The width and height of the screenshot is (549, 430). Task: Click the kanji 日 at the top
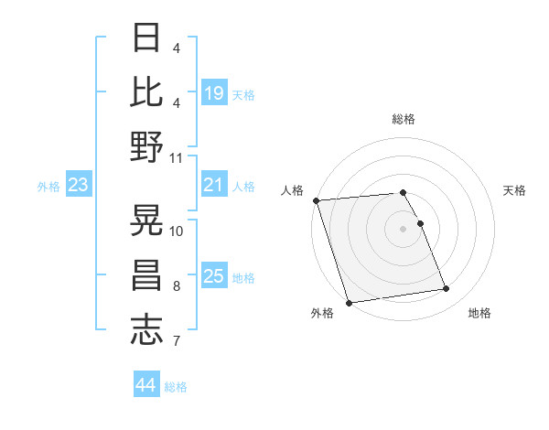pyautogui.click(x=146, y=38)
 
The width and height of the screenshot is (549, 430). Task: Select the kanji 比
pyautogui.click(x=146, y=91)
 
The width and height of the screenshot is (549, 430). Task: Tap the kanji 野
pyautogui.click(x=146, y=146)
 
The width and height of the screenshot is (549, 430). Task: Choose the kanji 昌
pyautogui.click(x=146, y=275)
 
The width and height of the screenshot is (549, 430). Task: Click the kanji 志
pyautogui.click(x=146, y=330)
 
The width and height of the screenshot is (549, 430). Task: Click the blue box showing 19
pyautogui.click(x=214, y=93)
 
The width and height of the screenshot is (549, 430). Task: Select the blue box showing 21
pyautogui.click(x=214, y=186)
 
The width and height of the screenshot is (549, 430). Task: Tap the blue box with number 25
pyautogui.click(x=214, y=277)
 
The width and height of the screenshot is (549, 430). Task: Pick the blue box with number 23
pyautogui.click(x=79, y=186)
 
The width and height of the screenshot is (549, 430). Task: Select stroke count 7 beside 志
pyautogui.click(x=176, y=342)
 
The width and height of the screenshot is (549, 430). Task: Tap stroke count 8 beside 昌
pyautogui.click(x=176, y=287)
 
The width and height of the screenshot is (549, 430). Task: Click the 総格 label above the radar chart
pyautogui.click(x=404, y=119)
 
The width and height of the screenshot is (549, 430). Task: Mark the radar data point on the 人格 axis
pyautogui.click(x=316, y=200)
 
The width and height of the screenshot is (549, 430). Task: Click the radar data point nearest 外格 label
pyautogui.click(x=349, y=302)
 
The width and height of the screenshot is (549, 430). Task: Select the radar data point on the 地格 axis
pyautogui.click(x=446, y=289)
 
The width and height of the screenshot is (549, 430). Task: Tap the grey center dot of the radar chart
pyautogui.click(x=404, y=228)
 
